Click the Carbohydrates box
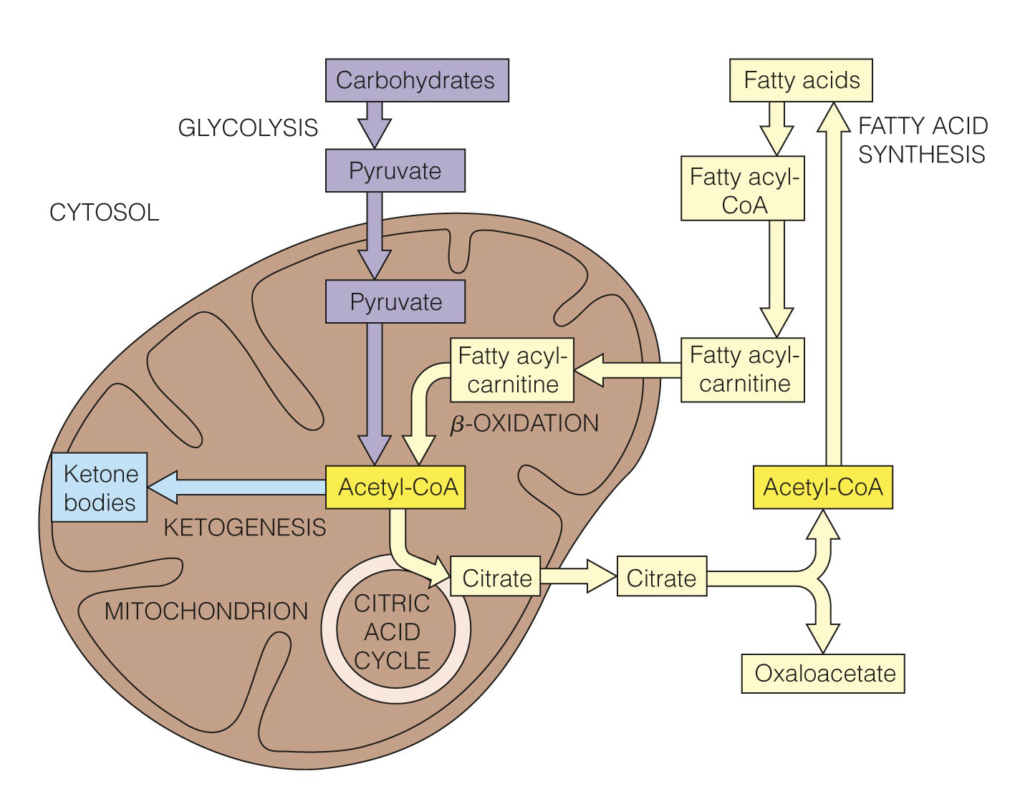(416, 80)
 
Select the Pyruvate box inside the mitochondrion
(395, 301)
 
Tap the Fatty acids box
(801, 80)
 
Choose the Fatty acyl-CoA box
(743, 190)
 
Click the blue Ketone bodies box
(100, 488)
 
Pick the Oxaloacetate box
(823, 674)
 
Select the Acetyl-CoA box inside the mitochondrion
(398, 488)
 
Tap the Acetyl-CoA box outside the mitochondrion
(822, 488)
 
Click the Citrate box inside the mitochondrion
(496, 578)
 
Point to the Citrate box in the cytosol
(661, 578)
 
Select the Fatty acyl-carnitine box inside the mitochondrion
(513, 370)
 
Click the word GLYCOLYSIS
(248, 127)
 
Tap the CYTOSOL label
(105, 213)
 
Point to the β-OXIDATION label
(524, 424)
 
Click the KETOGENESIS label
(245, 528)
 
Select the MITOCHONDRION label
(206, 611)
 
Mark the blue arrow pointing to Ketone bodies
(236, 488)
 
